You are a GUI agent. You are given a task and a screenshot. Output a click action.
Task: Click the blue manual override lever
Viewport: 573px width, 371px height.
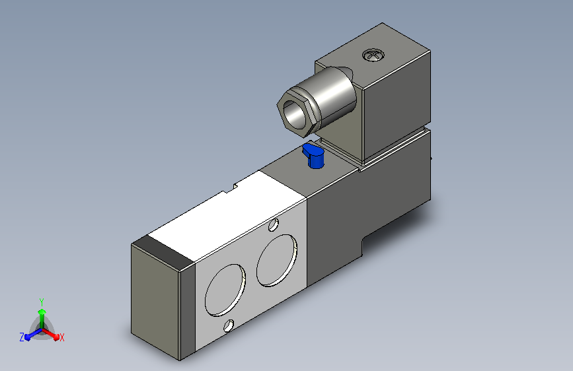313,156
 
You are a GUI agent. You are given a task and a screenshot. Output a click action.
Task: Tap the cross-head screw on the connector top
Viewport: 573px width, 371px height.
373,55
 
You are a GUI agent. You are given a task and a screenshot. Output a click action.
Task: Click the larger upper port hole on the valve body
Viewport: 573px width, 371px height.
277,260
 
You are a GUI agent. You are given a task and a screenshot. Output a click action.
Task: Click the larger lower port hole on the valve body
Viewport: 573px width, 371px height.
225,290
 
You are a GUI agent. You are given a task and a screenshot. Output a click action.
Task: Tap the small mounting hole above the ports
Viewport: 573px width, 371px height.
274,225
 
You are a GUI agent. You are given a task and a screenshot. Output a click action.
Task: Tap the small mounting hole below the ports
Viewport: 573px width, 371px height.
229,325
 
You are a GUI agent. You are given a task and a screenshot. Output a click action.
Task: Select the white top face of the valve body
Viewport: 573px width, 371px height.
227,215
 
